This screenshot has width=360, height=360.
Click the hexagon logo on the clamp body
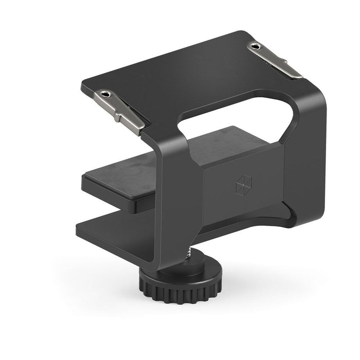click(242, 184)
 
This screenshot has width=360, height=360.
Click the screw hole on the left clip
click(105, 95)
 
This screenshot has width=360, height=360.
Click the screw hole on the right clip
click(256, 47)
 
